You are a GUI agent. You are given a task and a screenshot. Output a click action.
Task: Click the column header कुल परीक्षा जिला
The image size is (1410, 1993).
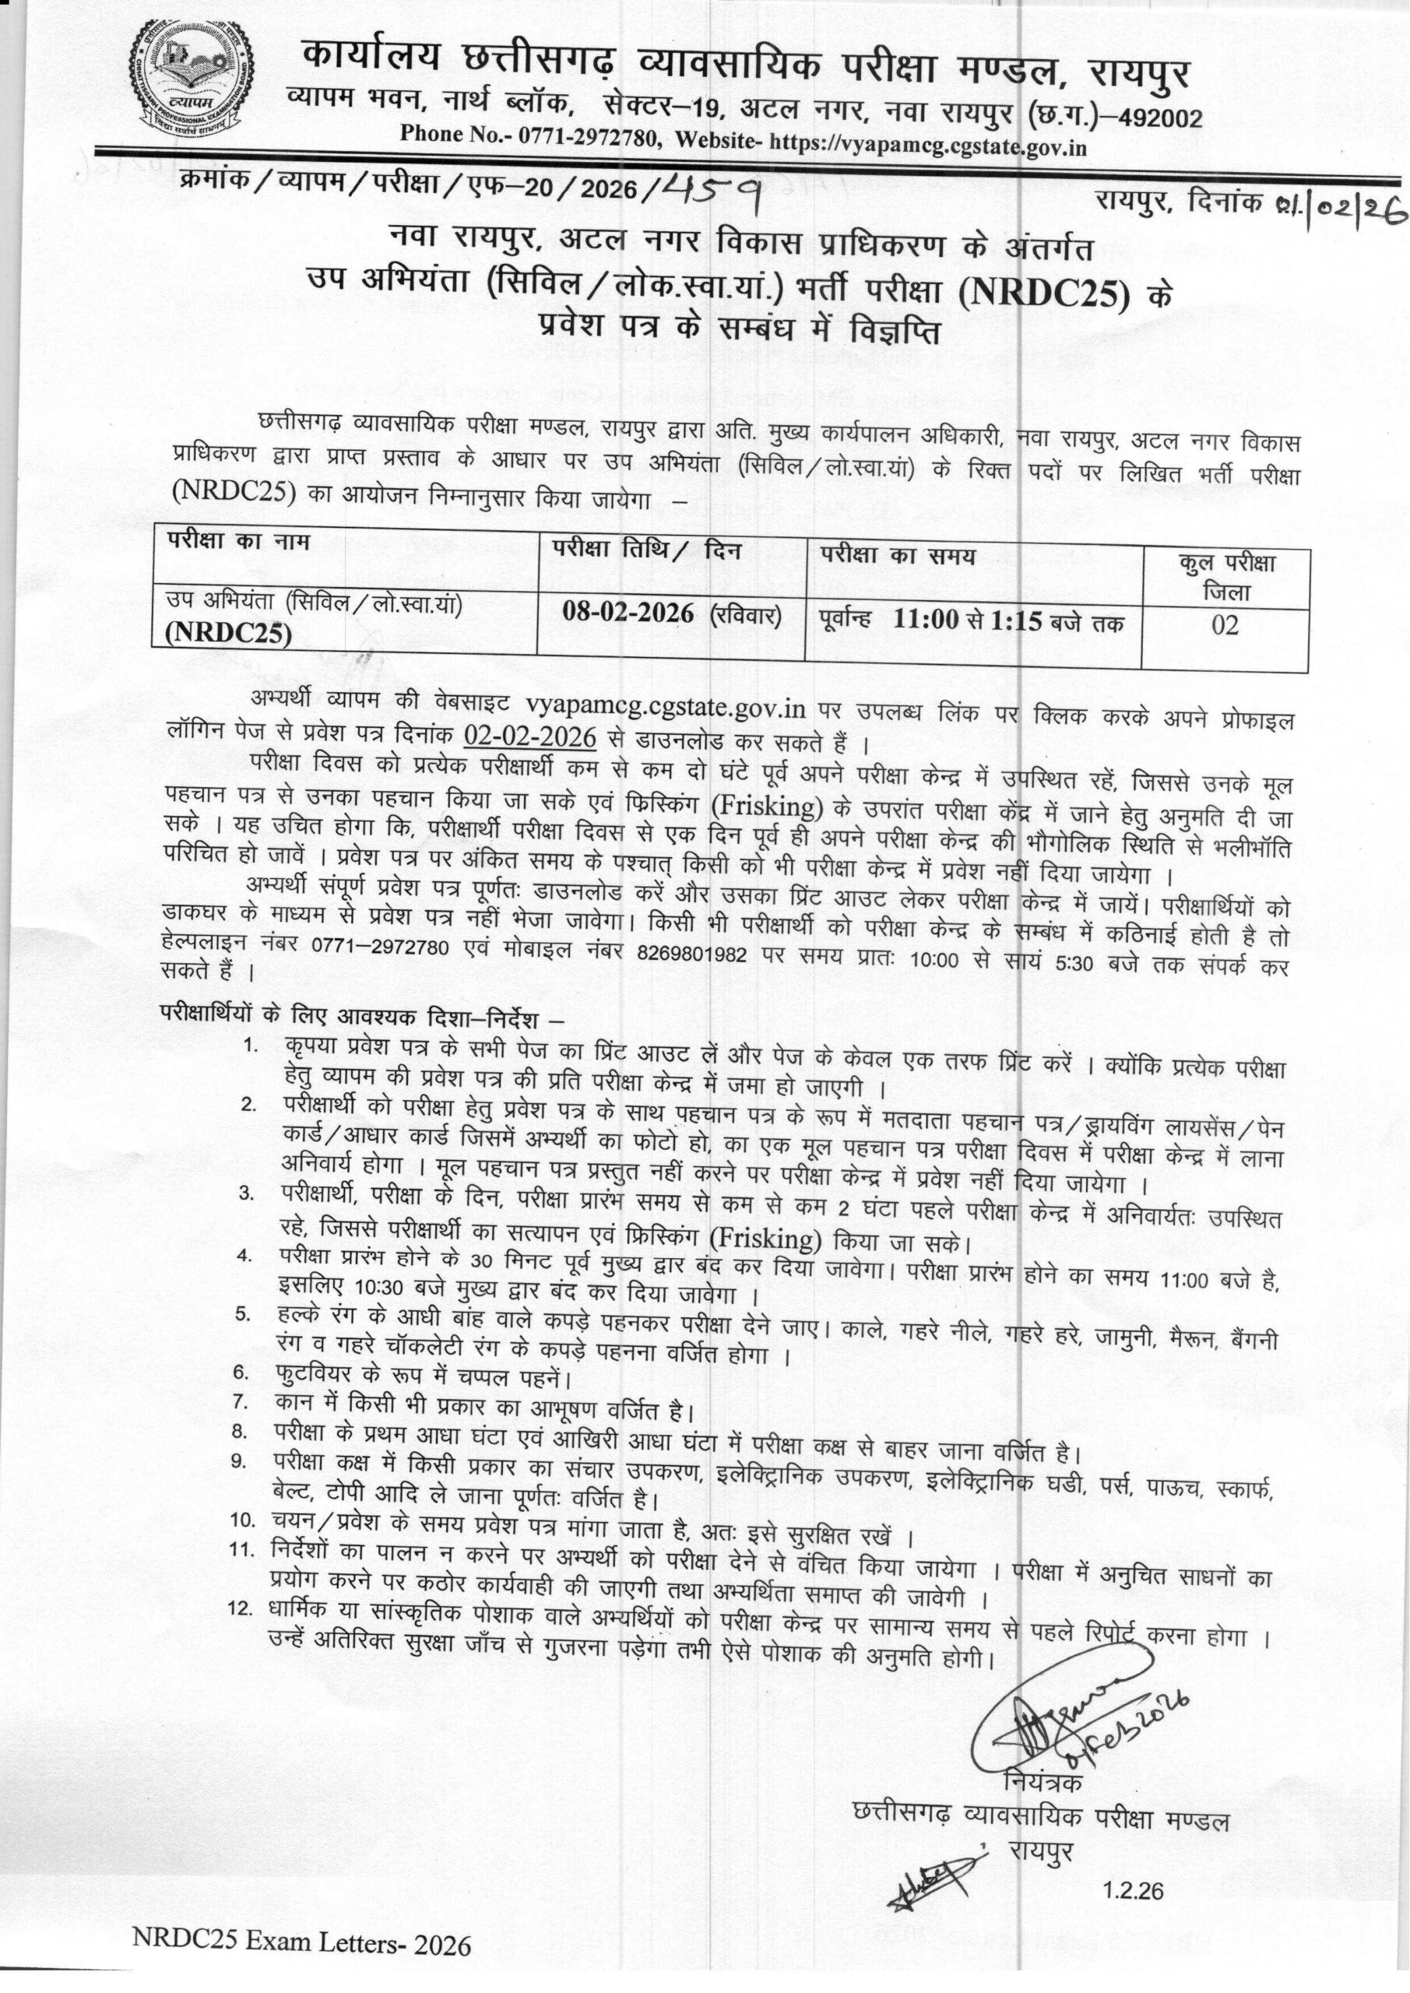[1225, 577]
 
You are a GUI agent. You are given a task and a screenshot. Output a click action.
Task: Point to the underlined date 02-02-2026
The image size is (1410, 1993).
[529, 738]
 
